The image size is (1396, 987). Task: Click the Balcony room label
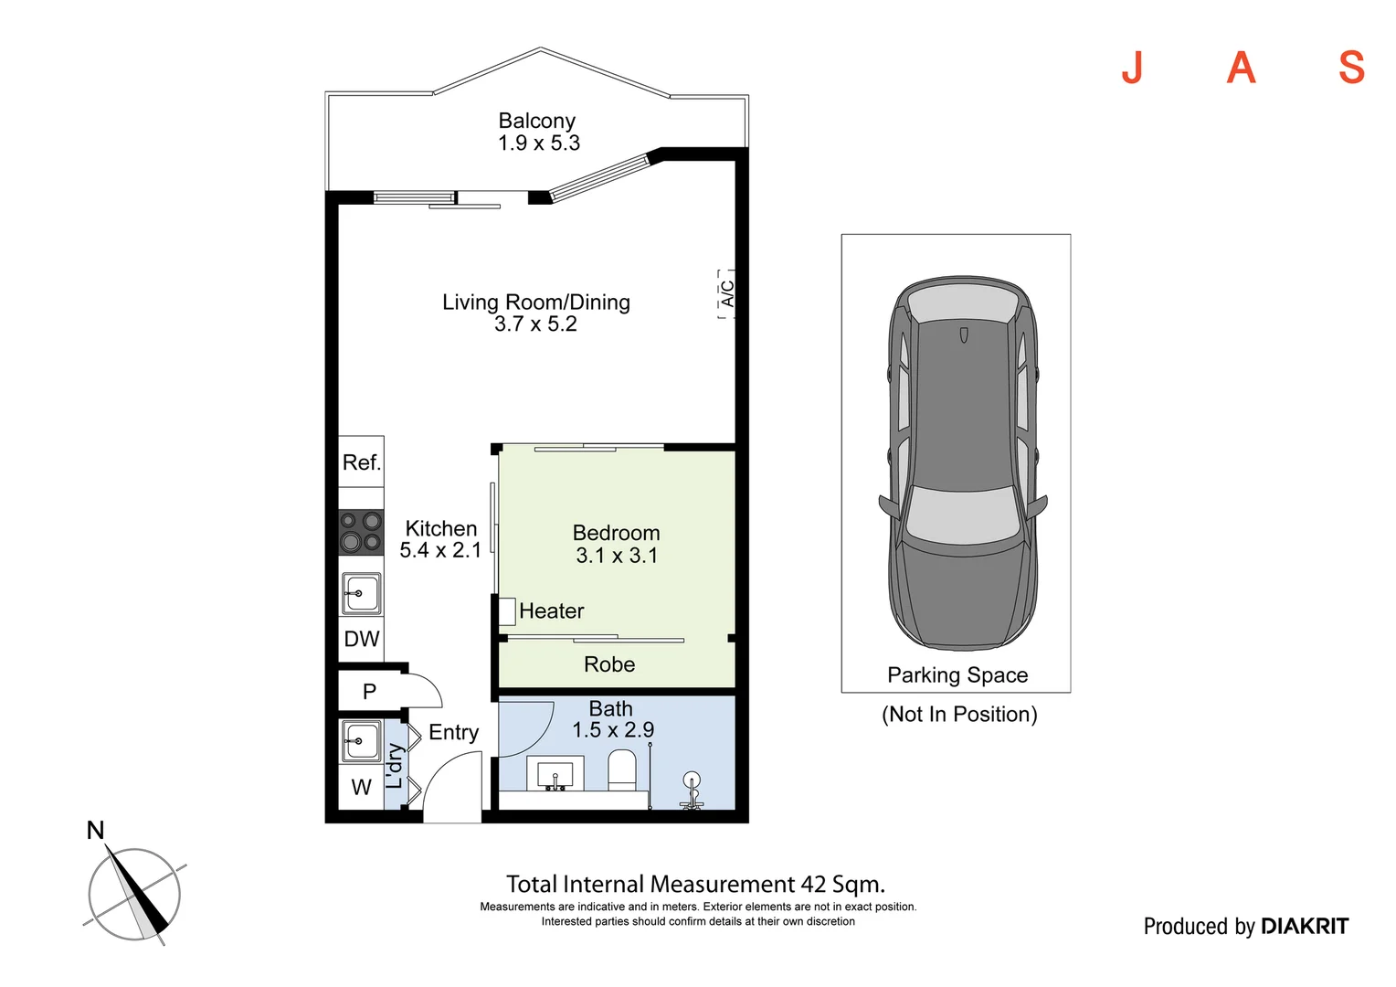click(x=536, y=121)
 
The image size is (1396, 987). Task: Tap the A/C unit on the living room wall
click(x=726, y=294)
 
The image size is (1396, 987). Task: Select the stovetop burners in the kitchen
click(x=361, y=533)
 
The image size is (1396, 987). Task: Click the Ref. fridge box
click(x=361, y=462)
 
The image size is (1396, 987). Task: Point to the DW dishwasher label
click(x=362, y=639)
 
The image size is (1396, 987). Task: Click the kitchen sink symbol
click(x=362, y=594)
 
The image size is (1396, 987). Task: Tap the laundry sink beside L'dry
click(x=361, y=741)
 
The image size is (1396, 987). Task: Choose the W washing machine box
click(x=361, y=787)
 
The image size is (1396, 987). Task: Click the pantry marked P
click(x=370, y=691)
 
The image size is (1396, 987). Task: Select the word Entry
click(x=454, y=733)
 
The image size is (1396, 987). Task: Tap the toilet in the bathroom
click(x=622, y=770)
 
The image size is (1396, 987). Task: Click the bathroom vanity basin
click(x=555, y=773)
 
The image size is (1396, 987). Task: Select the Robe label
click(x=609, y=664)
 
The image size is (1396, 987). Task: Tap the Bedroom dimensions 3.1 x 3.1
click(x=617, y=556)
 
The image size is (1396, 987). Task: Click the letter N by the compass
click(x=95, y=831)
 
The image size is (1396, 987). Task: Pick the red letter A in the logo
click(x=1241, y=68)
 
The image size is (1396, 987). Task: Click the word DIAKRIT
click(x=1305, y=927)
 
